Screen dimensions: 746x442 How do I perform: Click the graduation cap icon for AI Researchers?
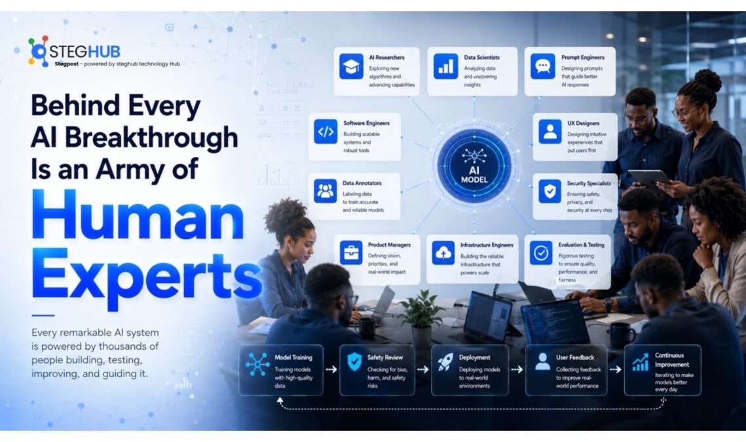[351, 66]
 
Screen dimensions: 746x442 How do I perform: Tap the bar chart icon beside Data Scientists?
[446, 66]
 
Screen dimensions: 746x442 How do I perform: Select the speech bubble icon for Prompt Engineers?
[543, 66]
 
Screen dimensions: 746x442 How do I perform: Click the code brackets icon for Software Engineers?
[326, 132]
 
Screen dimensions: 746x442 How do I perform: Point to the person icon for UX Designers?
[550, 132]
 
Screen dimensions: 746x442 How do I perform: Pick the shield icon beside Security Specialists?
[550, 191]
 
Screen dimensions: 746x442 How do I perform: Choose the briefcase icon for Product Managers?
[351, 253]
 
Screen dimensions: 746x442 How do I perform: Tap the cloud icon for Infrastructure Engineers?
[443, 253]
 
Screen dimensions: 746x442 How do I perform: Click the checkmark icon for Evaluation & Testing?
[541, 253]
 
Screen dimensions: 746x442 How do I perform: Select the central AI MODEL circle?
[474, 165]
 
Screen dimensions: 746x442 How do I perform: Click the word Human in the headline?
[138, 215]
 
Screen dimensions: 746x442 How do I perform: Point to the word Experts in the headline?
[147, 276]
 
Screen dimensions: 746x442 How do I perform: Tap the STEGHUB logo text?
[84, 51]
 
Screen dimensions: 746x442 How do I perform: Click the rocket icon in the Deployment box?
[445, 363]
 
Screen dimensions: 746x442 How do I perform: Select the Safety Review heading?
[385, 358]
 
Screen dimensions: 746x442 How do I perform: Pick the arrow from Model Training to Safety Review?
[331, 369]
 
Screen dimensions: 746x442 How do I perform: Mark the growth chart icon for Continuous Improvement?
[641, 362]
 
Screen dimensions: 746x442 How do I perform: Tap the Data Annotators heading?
[362, 183]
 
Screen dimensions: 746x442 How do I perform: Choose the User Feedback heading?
[575, 358]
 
